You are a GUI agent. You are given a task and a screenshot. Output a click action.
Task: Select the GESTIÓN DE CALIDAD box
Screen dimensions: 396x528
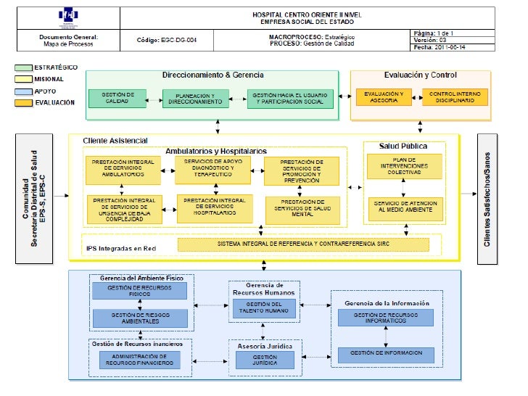(x=115, y=99)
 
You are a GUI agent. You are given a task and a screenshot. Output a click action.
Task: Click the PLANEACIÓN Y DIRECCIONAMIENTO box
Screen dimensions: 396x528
(x=191, y=99)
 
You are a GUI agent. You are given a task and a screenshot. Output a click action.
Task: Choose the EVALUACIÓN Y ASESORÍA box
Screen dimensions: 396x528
(x=384, y=97)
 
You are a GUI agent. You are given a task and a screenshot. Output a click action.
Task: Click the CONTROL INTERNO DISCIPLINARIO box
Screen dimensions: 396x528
(x=455, y=97)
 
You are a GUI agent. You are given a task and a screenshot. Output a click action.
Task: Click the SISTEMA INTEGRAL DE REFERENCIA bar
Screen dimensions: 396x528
(x=303, y=244)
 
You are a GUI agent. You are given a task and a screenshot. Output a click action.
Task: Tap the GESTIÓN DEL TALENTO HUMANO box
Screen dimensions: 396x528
(x=263, y=308)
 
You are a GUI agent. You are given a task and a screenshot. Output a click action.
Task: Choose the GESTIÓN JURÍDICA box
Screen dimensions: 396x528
(x=263, y=360)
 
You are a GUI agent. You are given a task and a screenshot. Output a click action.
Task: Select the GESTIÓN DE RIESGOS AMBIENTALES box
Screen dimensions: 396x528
(x=139, y=318)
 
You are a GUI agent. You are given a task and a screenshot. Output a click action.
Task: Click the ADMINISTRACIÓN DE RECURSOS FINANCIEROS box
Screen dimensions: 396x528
(x=139, y=360)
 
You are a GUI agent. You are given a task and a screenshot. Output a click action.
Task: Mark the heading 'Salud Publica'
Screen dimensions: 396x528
(x=403, y=146)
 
